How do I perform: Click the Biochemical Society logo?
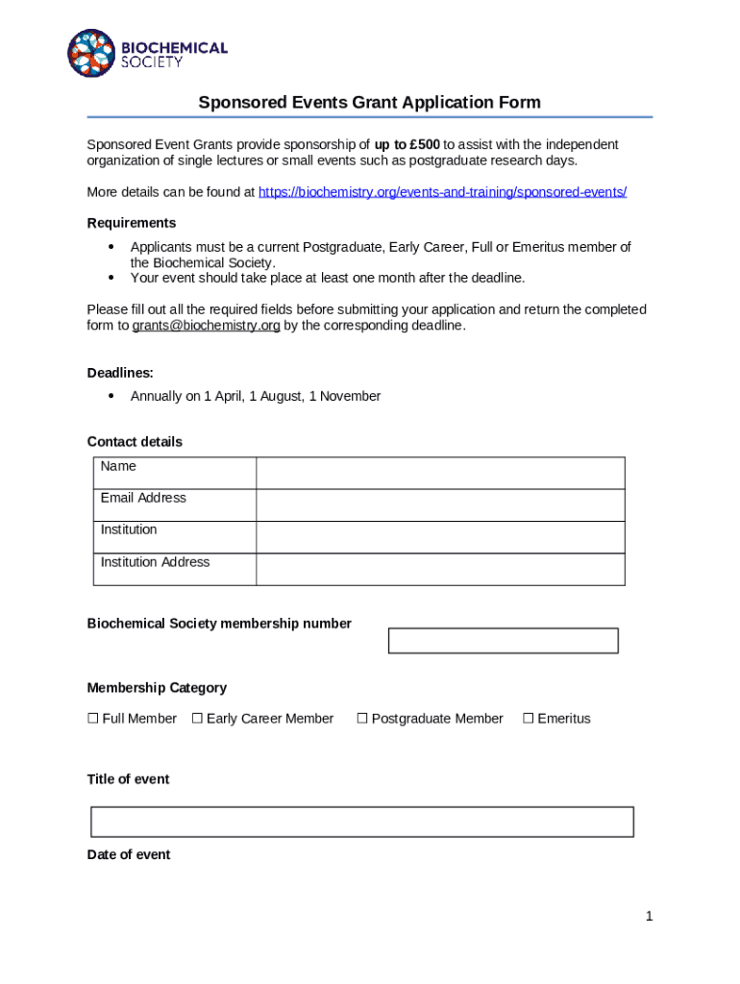pos(146,53)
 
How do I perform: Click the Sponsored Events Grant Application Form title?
pos(369,102)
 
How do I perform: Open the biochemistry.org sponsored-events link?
pos(442,192)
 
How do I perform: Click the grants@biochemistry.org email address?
pos(206,326)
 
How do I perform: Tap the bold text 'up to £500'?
pos(407,144)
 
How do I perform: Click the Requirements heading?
pos(131,223)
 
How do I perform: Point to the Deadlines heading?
pos(120,372)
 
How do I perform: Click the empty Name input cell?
pos(439,473)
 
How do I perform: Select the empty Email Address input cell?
pos(439,504)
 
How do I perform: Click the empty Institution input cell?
pos(439,536)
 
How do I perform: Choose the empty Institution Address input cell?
pos(439,569)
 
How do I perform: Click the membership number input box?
pos(503,640)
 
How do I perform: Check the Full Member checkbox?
pos(93,719)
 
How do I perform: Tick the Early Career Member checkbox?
pos(197,719)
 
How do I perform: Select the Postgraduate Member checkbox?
pos(362,719)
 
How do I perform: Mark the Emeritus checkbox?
pos(528,719)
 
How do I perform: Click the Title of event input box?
pos(361,822)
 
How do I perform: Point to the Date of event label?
pos(129,854)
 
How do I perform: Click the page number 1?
pos(649,917)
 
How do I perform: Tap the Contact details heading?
pos(135,442)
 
